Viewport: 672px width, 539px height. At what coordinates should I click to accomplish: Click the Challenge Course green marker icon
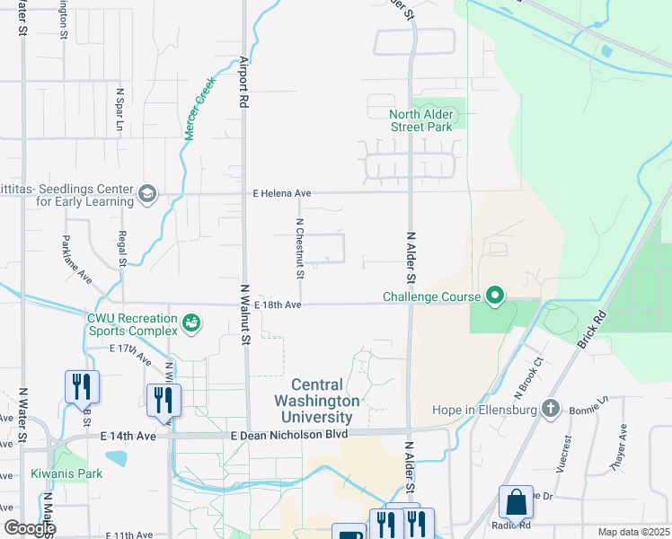pyautogui.click(x=494, y=296)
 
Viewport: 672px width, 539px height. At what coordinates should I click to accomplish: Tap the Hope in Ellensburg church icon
pyautogui.click(x=551, y=410)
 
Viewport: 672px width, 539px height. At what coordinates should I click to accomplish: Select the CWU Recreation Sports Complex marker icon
pyautogui.click(x=190, y=323)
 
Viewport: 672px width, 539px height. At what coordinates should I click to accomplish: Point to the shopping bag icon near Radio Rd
pyautogui.click(x=517, y=505)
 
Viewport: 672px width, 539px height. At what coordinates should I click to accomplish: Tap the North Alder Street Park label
pyautogui.click(x=421, y=120)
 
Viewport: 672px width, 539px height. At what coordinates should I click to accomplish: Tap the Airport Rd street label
pyautogui.click(x=243, y=82)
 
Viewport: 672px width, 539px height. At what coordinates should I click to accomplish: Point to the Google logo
pyautogui.click(x=29, y=528)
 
